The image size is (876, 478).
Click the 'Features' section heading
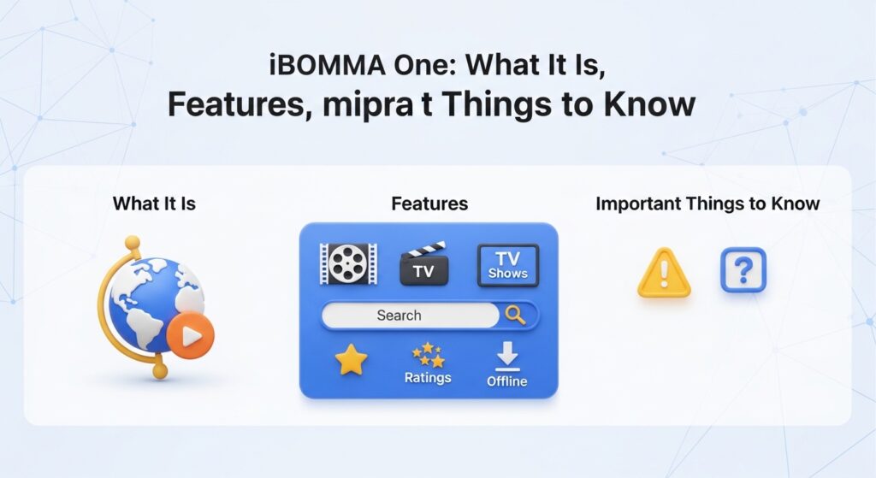(429, 204)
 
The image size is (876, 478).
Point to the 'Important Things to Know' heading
(707, 204)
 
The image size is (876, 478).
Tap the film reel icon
(348, 263)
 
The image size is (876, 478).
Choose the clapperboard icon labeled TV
(424, 265)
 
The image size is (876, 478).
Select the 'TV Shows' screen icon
(507, 265)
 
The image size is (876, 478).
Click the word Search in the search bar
(399, 316)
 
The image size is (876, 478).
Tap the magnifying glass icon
(516, 316)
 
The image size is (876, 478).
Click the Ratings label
(428, 377)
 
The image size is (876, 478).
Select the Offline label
(507, 381)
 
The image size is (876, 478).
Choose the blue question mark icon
(743, 271)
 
